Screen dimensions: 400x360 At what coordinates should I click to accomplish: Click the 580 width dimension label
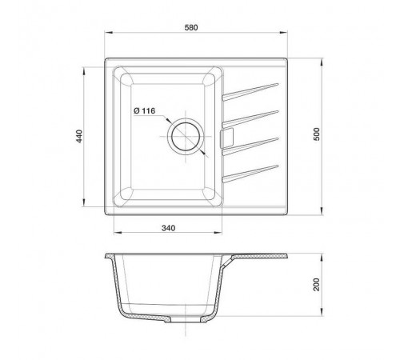click(191, 27)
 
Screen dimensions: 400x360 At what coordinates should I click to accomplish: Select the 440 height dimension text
click(80, 136)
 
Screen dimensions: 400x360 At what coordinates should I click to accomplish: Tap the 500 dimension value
click(316, 134)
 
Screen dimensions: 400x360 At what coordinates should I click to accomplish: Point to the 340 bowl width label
click(169, 228)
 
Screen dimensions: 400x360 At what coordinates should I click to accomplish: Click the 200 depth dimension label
click(316, 285)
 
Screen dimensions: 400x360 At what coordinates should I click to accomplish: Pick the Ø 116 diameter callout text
click(145, 110)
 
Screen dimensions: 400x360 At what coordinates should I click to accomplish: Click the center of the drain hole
click(186, 136)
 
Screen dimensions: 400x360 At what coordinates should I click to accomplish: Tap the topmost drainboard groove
click(250, 92)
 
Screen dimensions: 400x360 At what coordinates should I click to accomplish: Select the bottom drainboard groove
click(250, 174)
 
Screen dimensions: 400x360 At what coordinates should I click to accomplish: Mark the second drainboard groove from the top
click(250, 119)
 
